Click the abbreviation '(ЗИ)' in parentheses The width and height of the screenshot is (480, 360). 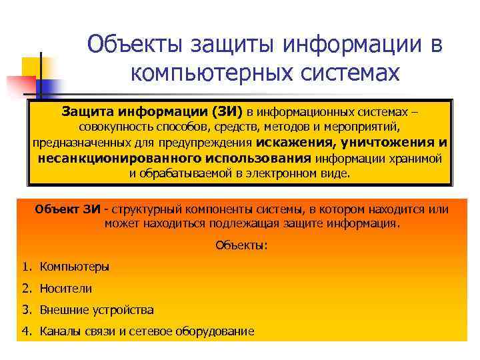(223, 111)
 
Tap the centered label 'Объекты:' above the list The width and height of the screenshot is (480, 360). (241, 245)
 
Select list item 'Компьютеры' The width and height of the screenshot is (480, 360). (74, 267)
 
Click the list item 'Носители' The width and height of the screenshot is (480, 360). (66, 289)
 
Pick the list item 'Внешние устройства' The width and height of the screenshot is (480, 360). (97, 310)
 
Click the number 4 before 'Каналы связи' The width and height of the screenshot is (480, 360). (25, 331)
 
